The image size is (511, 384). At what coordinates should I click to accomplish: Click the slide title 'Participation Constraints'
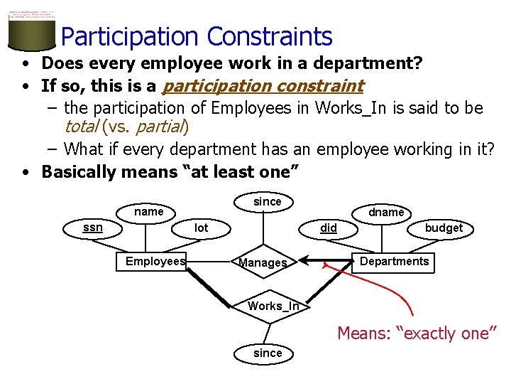(197, 36)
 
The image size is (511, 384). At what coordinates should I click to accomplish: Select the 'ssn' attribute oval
(92, 228)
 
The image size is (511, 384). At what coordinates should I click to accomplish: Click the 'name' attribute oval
(149, 211)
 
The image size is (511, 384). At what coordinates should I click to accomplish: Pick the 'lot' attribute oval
(202, 228)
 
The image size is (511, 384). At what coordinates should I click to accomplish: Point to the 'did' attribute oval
(329, 228)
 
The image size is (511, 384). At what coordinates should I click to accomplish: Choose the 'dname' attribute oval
(386, 212)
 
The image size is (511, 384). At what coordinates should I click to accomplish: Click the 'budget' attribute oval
(444, 228)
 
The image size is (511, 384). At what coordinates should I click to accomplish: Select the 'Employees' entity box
(155, 261)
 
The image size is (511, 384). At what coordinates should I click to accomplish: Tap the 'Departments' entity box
(394, 261)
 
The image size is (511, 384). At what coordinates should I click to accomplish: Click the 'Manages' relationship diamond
(263, 262)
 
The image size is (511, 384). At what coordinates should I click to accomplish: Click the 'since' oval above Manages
(268, 201)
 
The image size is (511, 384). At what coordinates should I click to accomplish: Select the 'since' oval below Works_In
(268, 353)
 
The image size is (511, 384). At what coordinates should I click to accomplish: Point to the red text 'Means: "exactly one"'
(417, 333)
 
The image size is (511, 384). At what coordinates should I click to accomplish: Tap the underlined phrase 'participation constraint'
(263, 86)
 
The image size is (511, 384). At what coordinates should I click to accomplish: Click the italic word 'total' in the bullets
(81, 127)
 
